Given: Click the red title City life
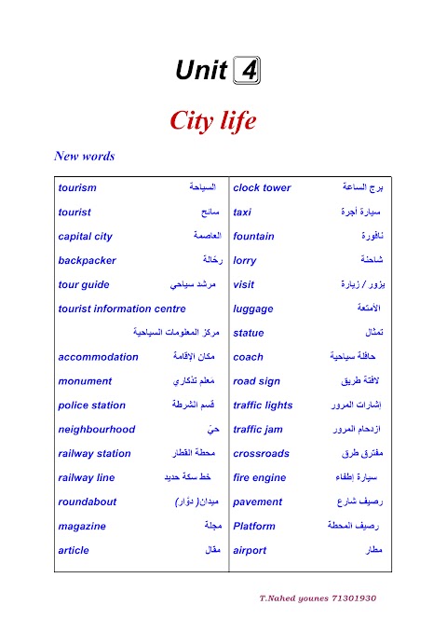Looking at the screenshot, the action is pos(212,121).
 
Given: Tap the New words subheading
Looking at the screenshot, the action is pos(85,157).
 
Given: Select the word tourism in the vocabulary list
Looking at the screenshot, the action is pos(77,187).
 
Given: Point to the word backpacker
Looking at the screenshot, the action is pos(87,260).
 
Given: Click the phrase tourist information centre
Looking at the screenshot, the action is pos(121,309).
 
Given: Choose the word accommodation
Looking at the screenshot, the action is pos(98,357).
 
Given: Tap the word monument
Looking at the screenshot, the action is pos(85,381).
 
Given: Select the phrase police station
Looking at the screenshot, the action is pos(91,405).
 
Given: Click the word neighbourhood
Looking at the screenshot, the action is pos(96,430).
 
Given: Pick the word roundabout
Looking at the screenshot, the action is pos(88,501).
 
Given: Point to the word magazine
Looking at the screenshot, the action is pos(82,526).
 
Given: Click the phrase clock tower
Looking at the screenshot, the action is pos(262,187).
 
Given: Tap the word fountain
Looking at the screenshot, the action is pos(253,236).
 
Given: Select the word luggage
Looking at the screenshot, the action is pos(253,309).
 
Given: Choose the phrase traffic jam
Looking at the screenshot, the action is pos(261,430).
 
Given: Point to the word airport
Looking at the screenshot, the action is pos(250,550).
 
